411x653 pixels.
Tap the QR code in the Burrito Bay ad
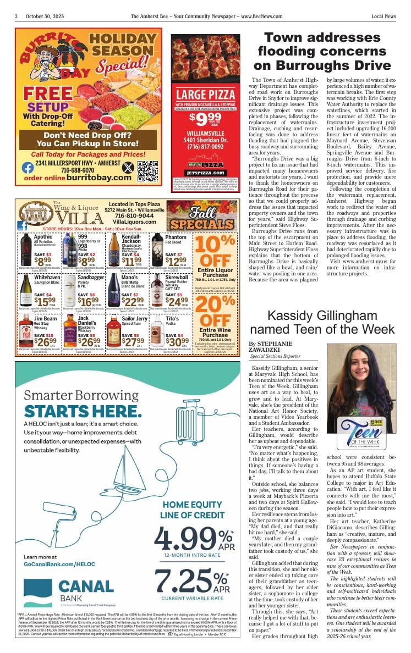147,170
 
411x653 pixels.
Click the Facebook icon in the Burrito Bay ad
28,168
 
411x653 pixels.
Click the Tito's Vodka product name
172,319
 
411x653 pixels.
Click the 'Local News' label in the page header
383,16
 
